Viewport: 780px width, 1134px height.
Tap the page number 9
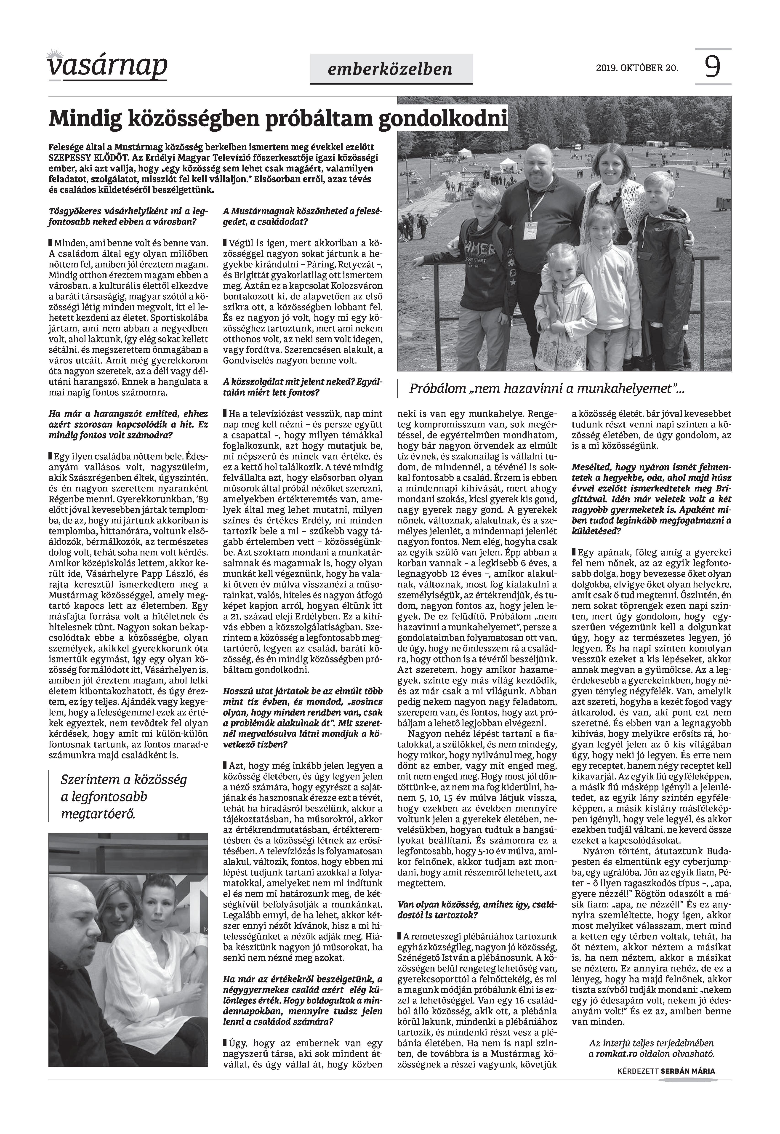pos(713,67)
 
